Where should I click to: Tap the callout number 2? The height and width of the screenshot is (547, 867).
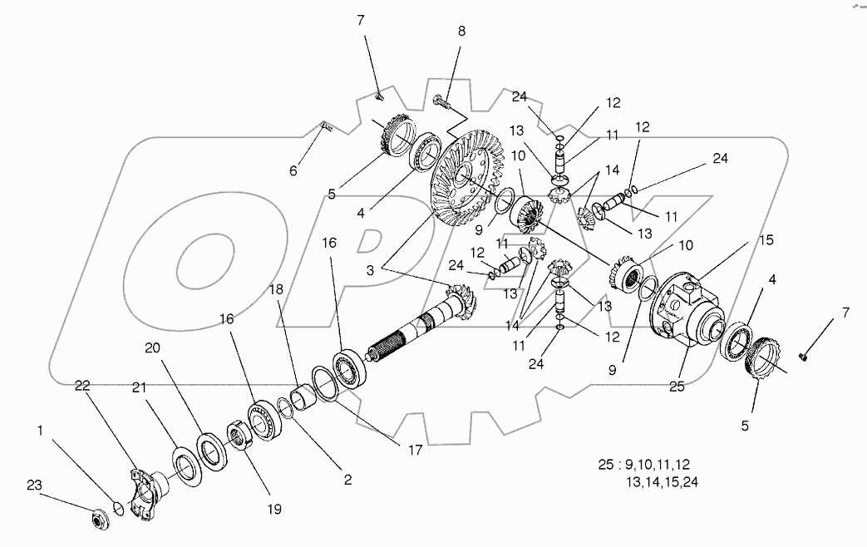click(x=347, y=479)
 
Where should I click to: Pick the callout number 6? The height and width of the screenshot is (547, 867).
click(x=293, y=171)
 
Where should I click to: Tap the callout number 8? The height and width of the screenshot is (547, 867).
click(x=462, y=31)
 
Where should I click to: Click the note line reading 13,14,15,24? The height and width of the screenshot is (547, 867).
click(x=661, y=481)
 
